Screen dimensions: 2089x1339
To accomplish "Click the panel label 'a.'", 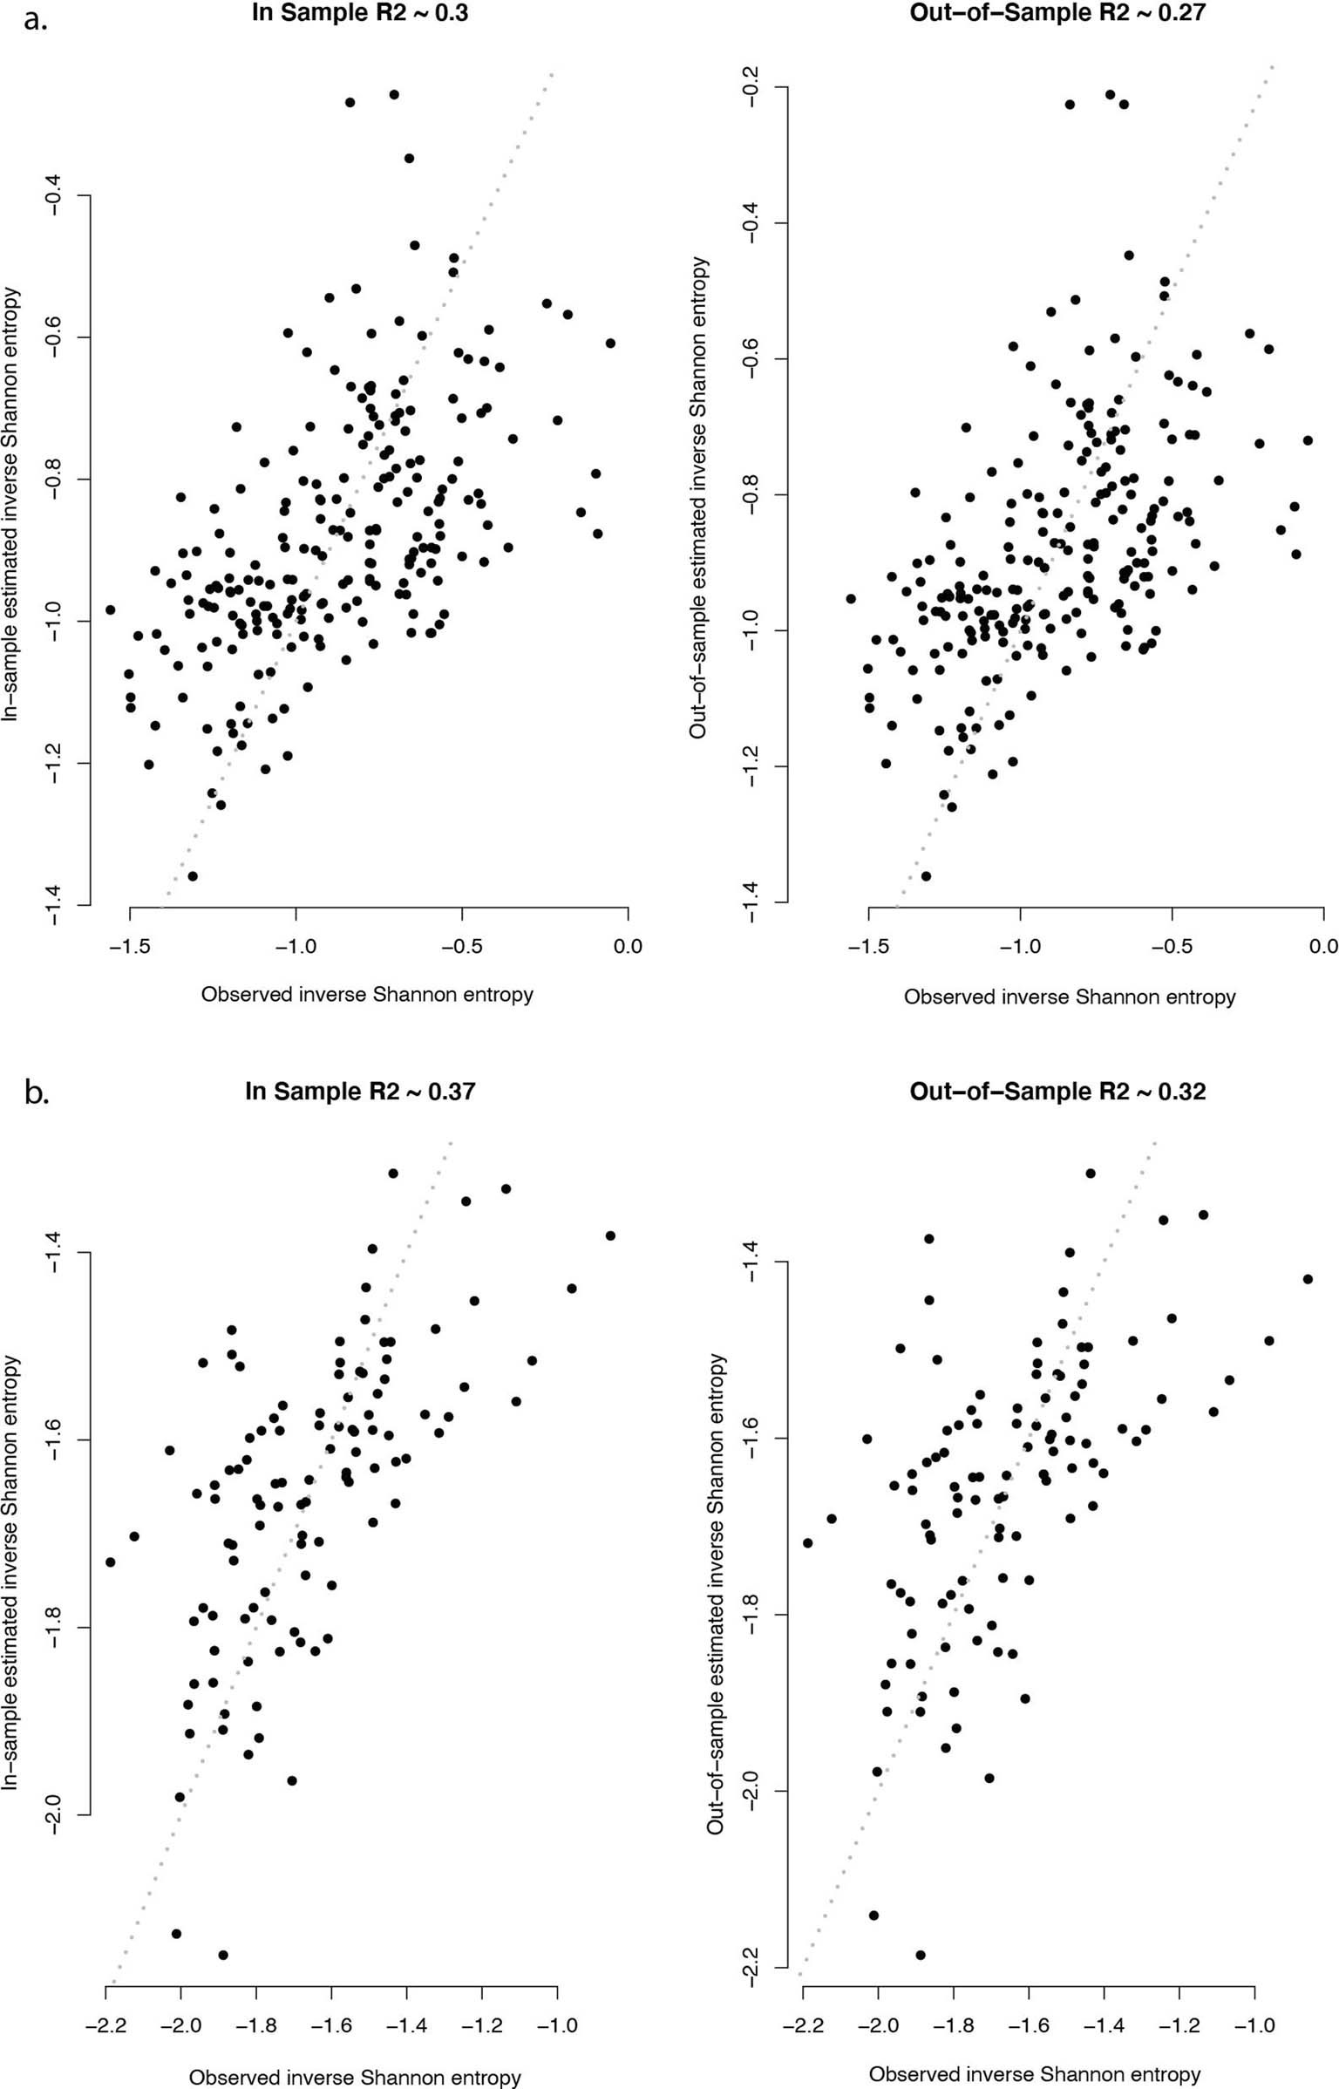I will point(36,19).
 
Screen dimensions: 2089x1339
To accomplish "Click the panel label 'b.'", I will point(37,1092).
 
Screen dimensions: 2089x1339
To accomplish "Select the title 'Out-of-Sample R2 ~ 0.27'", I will point(1057,13).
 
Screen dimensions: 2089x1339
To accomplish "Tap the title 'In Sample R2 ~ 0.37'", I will point(360,1091).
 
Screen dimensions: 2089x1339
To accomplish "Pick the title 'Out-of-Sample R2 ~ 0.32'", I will point(1057,1092).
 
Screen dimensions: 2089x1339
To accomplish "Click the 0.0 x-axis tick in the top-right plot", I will point(1322,945).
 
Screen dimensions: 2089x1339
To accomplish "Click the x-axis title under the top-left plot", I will point(367,994).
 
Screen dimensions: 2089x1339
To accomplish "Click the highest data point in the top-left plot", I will point(394,94).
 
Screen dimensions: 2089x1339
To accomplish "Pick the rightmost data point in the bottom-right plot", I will point(1308,1279).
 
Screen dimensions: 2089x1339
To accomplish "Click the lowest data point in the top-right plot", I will point(926,875).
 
